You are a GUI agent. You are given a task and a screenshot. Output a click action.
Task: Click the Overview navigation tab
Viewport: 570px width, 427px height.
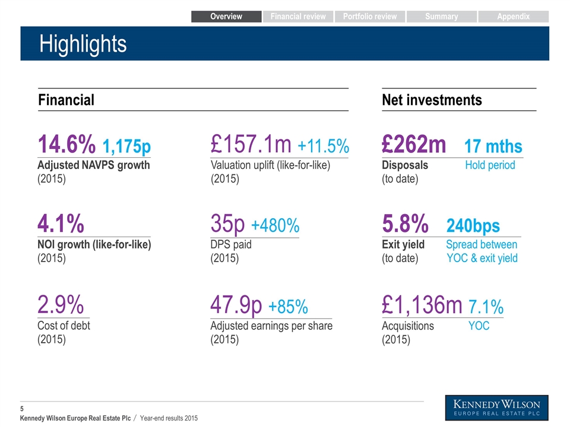tap(226, 17)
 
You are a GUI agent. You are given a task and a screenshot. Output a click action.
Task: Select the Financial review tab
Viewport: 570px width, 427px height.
tap(298, 17)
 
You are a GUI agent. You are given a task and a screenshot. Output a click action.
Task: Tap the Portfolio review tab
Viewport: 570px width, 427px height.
tap(370, 17)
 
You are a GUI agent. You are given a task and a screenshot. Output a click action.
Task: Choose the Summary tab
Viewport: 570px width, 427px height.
tap(441, 17)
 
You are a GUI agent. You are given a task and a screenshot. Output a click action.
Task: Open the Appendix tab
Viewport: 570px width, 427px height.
tap(513, 17)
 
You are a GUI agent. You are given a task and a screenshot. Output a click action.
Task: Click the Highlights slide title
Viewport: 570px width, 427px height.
tap(83, 44)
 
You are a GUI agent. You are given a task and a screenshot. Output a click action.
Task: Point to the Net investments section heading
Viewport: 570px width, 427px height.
tap(432, 100)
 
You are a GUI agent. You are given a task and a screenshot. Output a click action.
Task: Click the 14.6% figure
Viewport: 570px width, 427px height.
tap(66, 144)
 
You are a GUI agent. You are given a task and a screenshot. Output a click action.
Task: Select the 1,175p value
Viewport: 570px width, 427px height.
tap(126, 146)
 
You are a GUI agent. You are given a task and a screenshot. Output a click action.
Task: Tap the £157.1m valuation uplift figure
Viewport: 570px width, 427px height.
tap(251, 144)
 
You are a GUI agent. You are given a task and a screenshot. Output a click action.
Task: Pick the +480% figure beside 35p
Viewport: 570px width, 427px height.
tap(275, 225)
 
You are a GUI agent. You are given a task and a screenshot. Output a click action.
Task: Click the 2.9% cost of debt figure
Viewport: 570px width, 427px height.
tap(61, 304)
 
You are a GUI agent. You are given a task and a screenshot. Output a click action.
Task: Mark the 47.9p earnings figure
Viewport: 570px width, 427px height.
tap(236, 305)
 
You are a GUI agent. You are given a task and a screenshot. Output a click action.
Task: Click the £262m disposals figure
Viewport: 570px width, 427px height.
tap(414, 144)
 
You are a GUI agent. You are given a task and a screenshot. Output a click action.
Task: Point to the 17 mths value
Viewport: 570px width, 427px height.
tap(493, 146)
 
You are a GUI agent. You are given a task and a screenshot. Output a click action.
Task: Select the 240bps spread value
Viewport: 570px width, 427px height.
tap(473, 226)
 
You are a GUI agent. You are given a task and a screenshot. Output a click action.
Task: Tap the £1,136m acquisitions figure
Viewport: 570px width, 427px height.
tap(422, 305)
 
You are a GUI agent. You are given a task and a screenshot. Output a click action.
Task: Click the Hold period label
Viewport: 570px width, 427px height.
tap(490, 165)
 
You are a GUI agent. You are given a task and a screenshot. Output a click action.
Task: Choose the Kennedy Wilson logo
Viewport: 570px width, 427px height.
tap(496, 408)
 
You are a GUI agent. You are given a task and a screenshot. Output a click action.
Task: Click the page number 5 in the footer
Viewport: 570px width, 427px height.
tap(22, 409)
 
